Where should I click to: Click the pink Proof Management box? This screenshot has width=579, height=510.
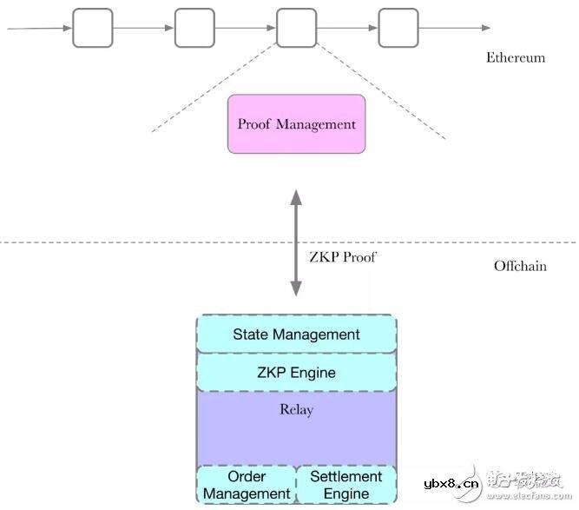point(296,124)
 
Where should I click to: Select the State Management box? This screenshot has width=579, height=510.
point(296,334)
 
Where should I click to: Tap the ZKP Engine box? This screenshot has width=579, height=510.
point(296,374)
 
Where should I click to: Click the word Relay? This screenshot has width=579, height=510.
point(296,410)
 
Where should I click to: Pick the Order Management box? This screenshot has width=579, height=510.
point(246,485)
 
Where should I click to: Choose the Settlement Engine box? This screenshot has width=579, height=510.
point(345,485)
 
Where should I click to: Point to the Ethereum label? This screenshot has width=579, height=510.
point(516,58)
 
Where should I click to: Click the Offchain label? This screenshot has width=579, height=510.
point(520,266)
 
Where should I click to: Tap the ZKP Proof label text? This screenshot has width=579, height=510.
point(343,257)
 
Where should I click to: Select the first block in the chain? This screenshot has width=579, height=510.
point(92,28)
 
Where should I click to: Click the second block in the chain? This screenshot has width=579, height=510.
point(194,28)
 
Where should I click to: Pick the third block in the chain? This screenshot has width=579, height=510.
point(296,28)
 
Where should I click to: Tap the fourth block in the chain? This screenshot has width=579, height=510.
point(398,28)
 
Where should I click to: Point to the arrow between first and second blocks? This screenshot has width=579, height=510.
point(143,28)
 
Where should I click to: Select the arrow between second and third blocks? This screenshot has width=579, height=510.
point(245,28)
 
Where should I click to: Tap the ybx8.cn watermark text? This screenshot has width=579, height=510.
point(451,483)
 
